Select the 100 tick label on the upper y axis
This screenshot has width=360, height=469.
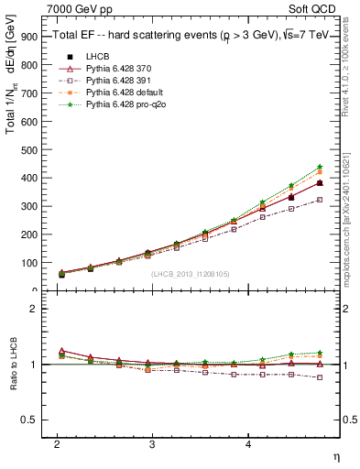(x=30, y=263)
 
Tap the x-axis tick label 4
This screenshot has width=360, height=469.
(x=248, y=442)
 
